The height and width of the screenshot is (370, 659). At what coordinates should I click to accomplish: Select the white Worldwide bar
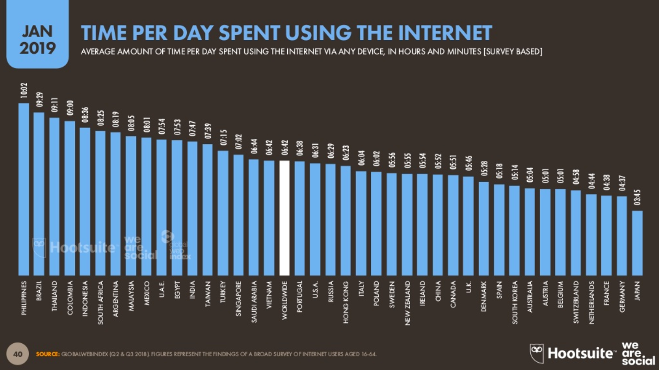[284, 217]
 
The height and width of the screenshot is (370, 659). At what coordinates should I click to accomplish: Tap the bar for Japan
[637, 243]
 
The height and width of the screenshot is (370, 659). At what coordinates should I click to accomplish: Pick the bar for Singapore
[238, 215]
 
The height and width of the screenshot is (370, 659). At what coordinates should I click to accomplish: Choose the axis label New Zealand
[407, 303]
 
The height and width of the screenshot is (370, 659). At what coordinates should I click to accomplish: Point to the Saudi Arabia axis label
[254, 302]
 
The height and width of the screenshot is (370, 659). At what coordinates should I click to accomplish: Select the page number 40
[18, 354]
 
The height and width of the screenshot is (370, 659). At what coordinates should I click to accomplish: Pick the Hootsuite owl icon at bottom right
[537, 353]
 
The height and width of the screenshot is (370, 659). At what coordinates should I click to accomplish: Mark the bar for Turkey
[223, 213]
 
